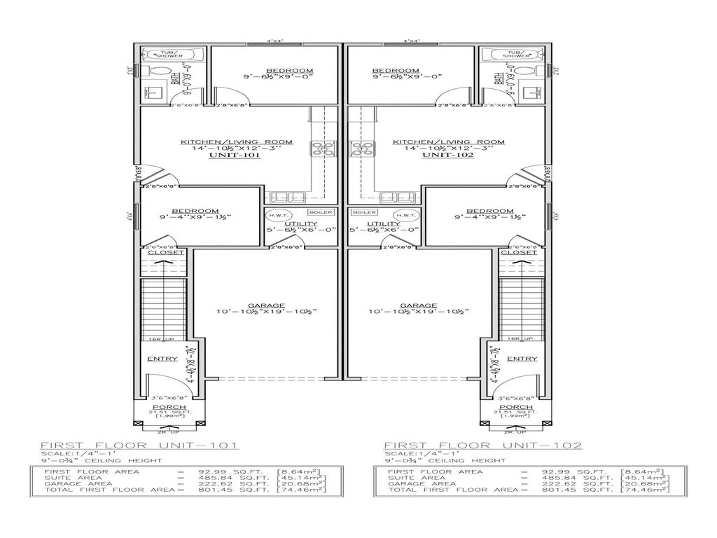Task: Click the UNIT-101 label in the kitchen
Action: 235,156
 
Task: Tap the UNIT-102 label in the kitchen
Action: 448,156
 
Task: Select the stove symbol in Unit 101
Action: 324,149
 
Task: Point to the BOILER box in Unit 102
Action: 364,212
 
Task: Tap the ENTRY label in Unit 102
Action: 522,359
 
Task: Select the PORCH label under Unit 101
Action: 169,407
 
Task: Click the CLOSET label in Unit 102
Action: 518,252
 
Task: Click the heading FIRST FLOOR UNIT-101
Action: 140,446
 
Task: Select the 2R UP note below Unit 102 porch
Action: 519,433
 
